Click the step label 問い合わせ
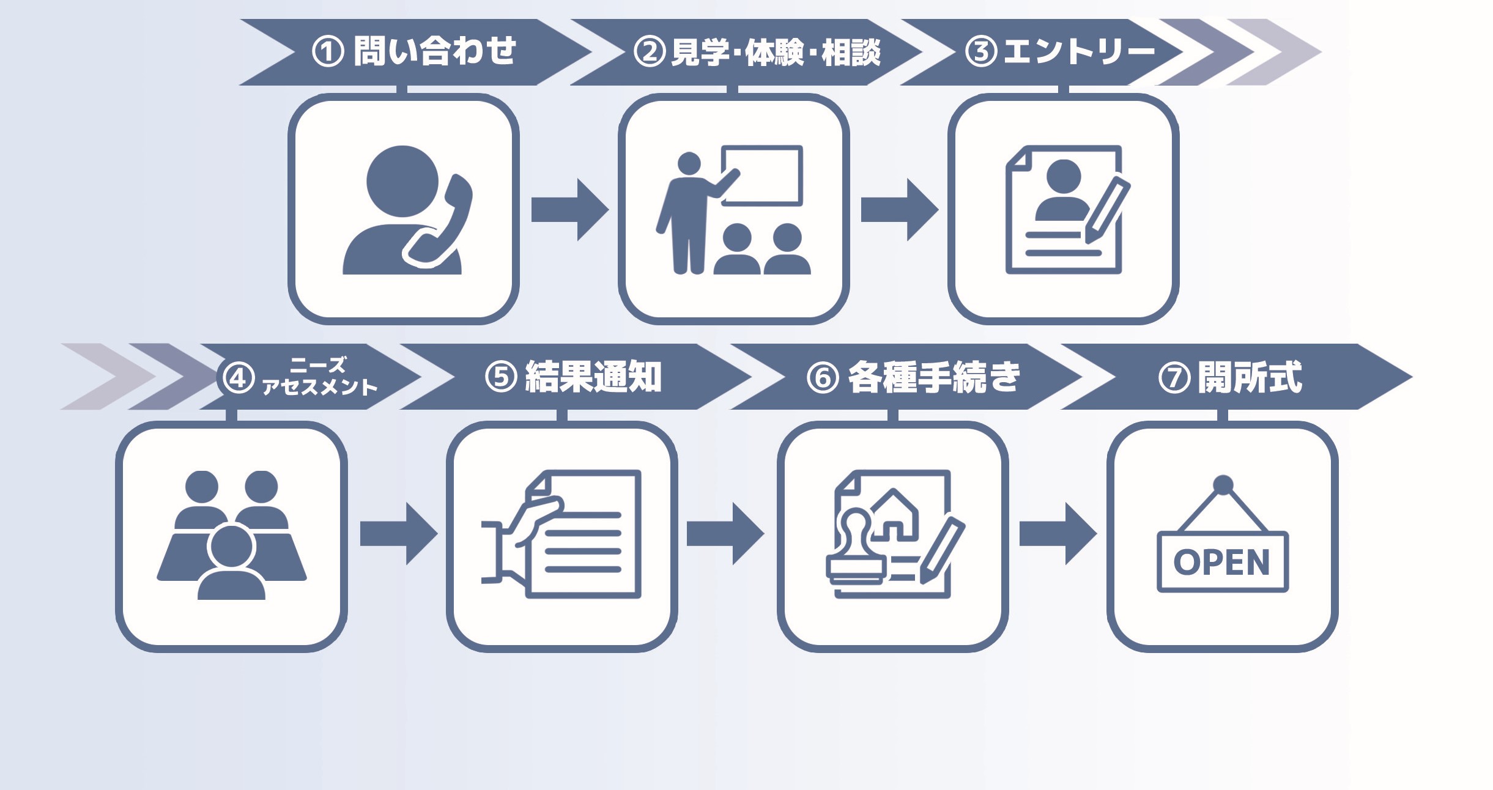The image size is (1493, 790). click(434, 51)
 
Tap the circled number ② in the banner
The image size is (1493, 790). click(649, 52)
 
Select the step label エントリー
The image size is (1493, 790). click(1079, 51)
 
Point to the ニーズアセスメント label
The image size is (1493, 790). click(319, 377)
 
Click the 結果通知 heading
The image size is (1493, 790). click(593, 377)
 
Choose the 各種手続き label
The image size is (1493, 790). click(934, 377)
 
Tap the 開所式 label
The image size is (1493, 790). click(1250, 377)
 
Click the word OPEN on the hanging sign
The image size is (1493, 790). click(1221, 562)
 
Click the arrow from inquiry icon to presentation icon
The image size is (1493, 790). click(569, 210)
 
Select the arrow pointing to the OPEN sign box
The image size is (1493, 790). click(1057, 533)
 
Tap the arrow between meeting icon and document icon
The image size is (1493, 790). click(398, 533)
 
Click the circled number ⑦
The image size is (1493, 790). click(1174, 378)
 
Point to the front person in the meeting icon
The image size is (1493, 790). click(231, 563)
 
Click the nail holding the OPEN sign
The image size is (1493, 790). click(1223, 485)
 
